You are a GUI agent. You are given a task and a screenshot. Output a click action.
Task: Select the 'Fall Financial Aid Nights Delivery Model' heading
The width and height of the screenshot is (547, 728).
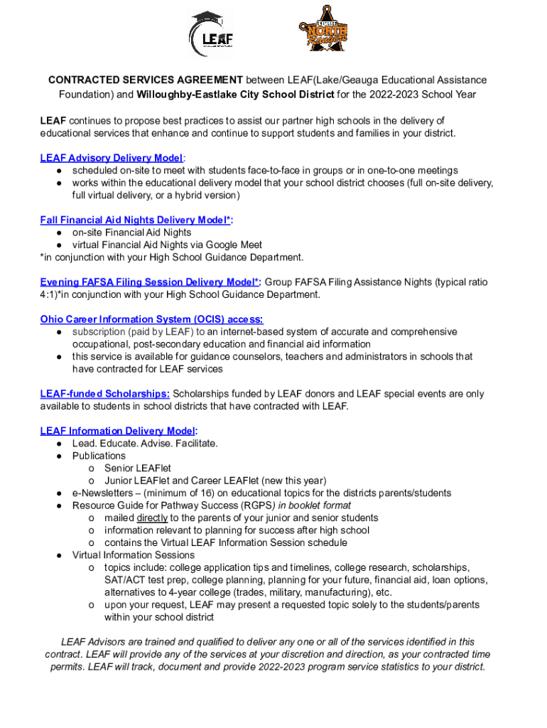pyautogui.click(x=136, y=220)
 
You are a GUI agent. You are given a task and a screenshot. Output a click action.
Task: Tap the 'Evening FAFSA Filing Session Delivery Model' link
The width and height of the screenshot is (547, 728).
pyautogui.click(x=150, y=282)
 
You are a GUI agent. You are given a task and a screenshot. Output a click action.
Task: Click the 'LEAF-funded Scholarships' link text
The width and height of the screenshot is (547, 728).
pyautogui.click(x=104, y=394)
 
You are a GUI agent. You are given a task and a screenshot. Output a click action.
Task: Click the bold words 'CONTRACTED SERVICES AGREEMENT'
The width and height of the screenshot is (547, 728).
pyautogui.click(x=146, y=80)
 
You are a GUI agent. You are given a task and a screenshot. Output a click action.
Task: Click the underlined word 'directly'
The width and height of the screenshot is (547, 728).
pyautogui.click(x=152, y=518)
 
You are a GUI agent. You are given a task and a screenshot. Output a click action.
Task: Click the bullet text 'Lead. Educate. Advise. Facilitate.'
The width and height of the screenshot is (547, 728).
pyautogui.click(x=145, y=444)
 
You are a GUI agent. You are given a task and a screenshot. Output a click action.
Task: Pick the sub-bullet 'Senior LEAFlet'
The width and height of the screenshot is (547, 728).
pyautogui.click(x=137, y=469)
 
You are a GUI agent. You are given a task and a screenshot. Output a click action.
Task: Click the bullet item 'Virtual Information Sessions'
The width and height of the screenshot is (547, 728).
pyautogui.click(x=133, y=555)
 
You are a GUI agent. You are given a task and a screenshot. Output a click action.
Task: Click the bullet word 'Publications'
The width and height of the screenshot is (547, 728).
pyautogui.click(x=99, y=456)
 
